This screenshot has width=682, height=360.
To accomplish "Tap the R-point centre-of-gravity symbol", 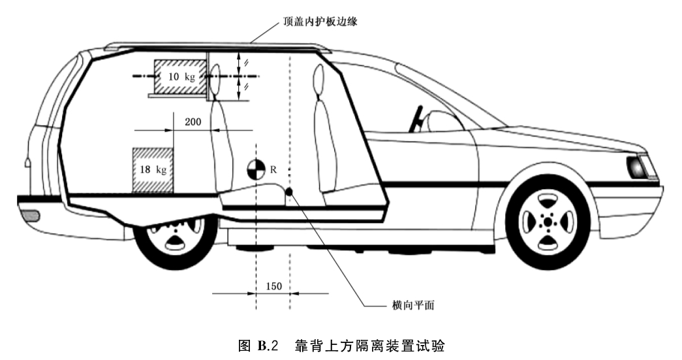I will click(256, 170).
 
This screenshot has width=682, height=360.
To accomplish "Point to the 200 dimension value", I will click(193, 122).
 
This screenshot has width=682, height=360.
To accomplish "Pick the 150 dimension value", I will click(273, 286).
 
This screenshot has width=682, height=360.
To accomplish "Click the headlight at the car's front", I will click(637, 168).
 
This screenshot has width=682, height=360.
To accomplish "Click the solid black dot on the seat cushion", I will click(289, 192).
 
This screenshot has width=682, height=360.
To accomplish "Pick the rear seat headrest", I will click(217, 74).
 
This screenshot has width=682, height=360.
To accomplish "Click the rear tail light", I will click(27, 163).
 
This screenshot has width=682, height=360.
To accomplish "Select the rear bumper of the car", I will click(29, 215).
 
